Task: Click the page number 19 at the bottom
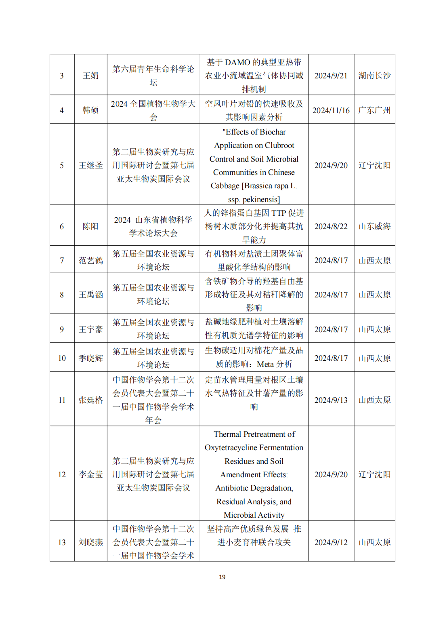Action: (x=222, y=577)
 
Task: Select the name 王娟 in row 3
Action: (x=90, y=76)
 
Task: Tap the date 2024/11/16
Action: (x=331, y=110)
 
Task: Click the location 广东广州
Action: (x=374, y=110)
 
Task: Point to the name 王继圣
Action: (x=90, y=165)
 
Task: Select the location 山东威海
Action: (x=374, y=226)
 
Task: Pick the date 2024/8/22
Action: (x=331, y=226)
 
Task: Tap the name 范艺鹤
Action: (x=90, y=260)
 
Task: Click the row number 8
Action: (x=62, y=295)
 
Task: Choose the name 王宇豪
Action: (x=90, y=329)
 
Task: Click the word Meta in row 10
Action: (x=265, y=364)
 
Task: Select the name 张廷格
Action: (x=90, y=400)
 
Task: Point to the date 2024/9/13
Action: (x=331, y=400)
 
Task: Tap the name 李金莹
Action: (x=90, y=474)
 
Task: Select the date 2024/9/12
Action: (x=331, y=542)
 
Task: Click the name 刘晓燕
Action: (x=90, y=542)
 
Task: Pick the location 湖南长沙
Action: (x=374, y=76)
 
